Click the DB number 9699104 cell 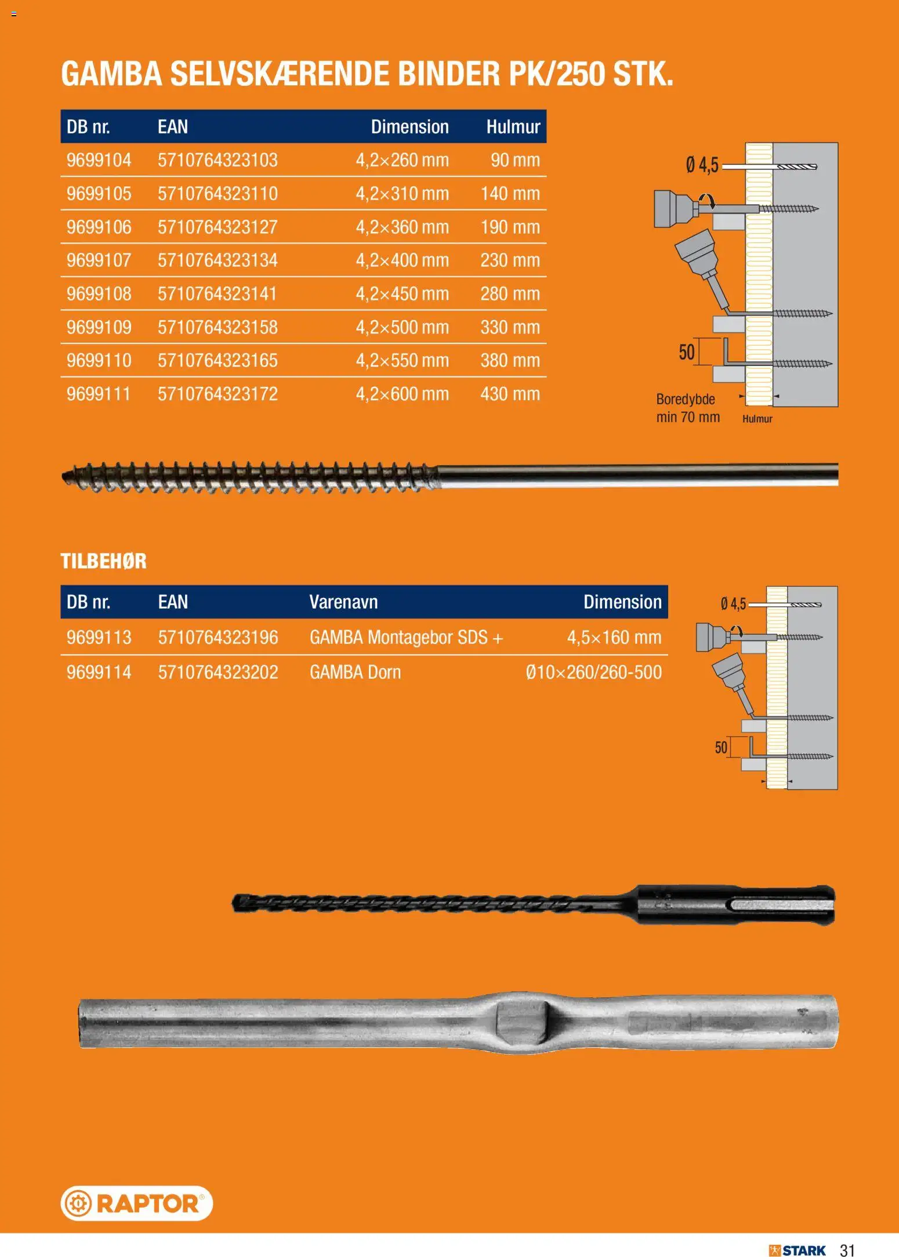tap(99, 160)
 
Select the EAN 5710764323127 tap(217, 227)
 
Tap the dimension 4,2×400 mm tap(402, 260)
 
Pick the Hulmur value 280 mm tap(510, 294)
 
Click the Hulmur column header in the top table tap(513, 126)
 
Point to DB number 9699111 tap(99, 394)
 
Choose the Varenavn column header tap(343, 602)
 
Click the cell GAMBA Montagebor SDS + tap(406, 637)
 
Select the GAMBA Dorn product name tap(355, 672)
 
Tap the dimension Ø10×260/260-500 tap(593, 672)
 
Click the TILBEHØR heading tap(104, 561)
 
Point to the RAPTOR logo tap(137, 1203)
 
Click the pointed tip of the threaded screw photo tap(63, 476)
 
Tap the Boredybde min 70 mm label tap(688, 408)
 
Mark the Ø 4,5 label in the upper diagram tap(702, 165)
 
